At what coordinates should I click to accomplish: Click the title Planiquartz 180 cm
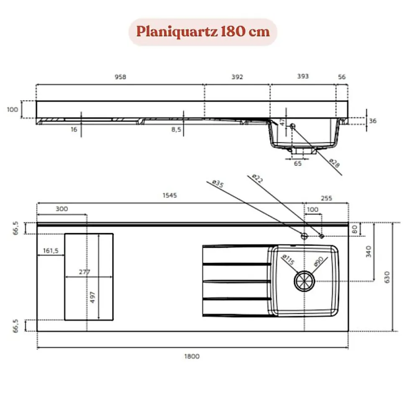coord(203,32)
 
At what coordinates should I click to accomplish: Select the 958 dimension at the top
coord(120,77)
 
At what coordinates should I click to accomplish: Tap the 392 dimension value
coord(236,77)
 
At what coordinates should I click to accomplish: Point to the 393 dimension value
coord(303,77)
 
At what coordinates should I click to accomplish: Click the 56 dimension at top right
coord(342,77)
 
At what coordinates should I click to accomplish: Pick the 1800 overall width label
coord(192,356)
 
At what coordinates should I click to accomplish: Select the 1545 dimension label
coord(170,195)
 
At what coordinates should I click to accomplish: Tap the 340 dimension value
coord(368,252)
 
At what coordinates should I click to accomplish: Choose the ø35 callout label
coord(218,183)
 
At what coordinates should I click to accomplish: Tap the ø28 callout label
coord(334,162)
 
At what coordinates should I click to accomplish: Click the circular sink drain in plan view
coord(303,281)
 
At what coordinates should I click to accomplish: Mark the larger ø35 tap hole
coord(304,236)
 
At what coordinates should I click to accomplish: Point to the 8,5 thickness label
coord(176,130)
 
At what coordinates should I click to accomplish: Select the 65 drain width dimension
coord(298,163)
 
